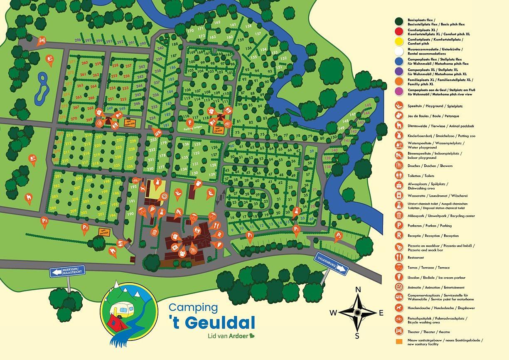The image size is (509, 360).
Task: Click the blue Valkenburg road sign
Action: (x=331, y=263)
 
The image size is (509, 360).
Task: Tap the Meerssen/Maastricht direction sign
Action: (x=67, y=271)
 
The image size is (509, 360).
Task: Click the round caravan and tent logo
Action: (x=129, y=309)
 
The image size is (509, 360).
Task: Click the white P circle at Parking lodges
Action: (x=189, y=122)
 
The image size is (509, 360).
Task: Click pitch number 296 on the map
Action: (x=78, y=40)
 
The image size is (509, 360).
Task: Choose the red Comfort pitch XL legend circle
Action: (x=399, y=32)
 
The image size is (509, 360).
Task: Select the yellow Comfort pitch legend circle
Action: (x=399, y=42)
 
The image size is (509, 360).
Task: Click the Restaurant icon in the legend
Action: (x=399, y=257)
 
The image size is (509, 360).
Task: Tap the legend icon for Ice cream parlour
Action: (x=399, y=277)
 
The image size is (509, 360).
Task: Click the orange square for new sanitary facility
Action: (x=399, y=342)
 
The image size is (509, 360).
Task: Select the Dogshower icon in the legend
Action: (x=399, y=308)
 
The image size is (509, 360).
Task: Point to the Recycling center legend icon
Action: (x=399, y=216)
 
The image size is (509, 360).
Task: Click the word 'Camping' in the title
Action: (x=193, y=308)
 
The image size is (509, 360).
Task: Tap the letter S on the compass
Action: (x=357, y=335)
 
